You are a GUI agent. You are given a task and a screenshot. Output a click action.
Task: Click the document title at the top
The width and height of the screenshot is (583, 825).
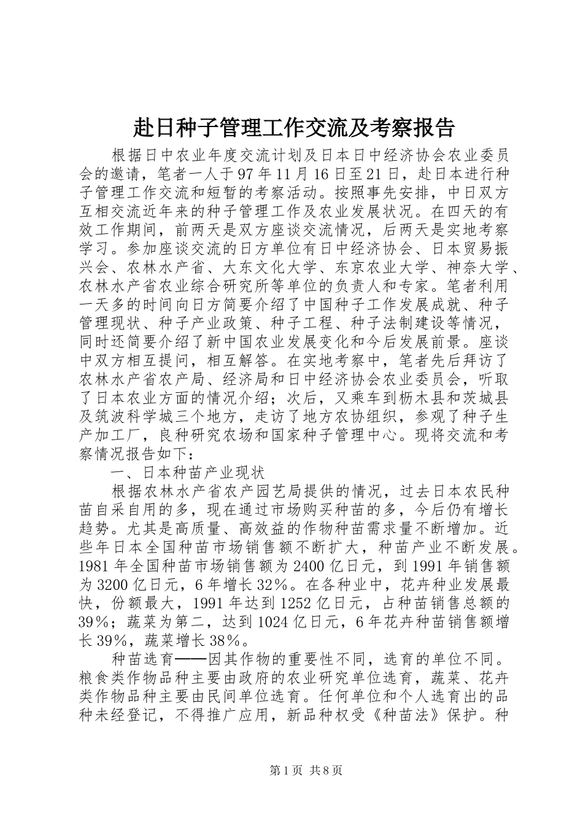pyautogui.click(x=294, y=128)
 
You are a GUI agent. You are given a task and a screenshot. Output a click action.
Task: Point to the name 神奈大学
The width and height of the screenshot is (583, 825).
pyautogui.click(x=473, y=269)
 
